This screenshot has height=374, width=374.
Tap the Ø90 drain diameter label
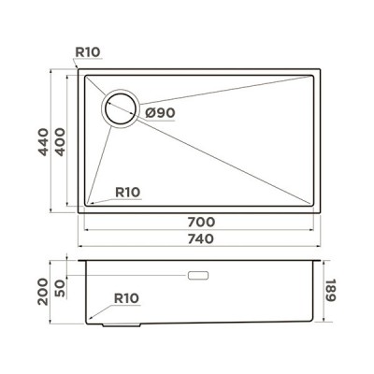coord(161,113)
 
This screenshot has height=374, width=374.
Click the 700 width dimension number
coord(202,223)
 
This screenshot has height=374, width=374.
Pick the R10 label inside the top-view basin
coord(127,193)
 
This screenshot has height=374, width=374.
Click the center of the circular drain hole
coord(119,110)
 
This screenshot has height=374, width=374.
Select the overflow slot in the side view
coord(199,276)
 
